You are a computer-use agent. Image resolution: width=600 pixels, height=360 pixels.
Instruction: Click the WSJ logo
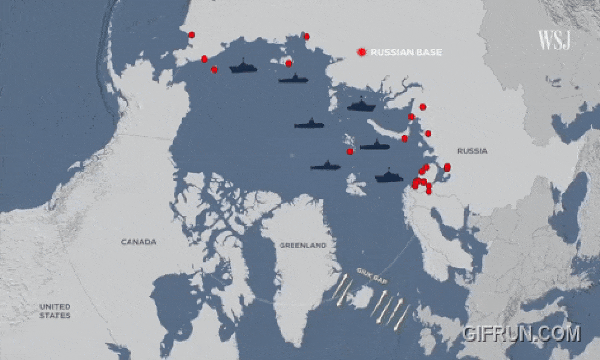(x=555, y=41)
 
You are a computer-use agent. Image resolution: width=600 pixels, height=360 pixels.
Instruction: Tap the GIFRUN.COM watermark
(x=521, y=333)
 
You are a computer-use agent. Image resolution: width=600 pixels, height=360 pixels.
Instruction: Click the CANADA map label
(x=139, y=242)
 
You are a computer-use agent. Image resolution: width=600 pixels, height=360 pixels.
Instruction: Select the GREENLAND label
(x=302, y=246)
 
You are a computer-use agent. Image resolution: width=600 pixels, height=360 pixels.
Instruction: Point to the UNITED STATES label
(x=55, y=311)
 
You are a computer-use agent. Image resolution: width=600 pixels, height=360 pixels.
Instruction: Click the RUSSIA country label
(x=472, y=151)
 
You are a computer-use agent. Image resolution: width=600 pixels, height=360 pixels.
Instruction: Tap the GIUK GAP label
(x=371, y=279)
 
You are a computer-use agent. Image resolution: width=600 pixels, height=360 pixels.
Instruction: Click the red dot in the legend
(x=362, y=53)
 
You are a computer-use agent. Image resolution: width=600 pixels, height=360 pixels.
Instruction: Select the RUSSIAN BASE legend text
(x=406, y=53)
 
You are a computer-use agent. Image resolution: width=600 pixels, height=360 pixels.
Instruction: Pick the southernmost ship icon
(x=389, y=177)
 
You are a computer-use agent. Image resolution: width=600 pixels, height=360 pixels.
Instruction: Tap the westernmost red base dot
(x=192, y=35)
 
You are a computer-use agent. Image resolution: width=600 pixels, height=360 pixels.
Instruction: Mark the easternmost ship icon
(x=389, y=177)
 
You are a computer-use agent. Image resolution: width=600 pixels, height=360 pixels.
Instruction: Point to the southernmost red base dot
(x=429, y=191)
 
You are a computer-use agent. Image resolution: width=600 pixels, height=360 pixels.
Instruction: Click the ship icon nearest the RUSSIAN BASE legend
(x=362, y=105)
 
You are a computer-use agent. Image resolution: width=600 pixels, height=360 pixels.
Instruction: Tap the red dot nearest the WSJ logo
(x=423, y=107)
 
